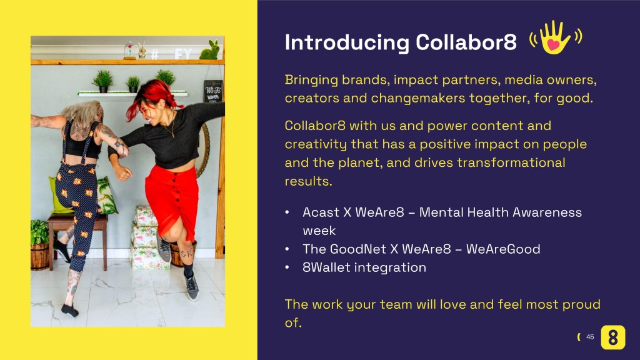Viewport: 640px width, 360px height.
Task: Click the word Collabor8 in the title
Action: tap(466, 42)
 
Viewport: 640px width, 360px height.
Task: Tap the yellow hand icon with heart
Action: tap(555, 37)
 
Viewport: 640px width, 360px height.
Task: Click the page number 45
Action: tap(590, 337)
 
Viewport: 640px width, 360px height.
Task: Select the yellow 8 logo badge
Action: tap(613, 337)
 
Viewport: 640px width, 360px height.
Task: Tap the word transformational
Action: tap(511, 163)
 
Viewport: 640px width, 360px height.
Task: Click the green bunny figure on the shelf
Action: tap(210, 50)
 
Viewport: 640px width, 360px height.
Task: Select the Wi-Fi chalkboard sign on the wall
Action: tap(213, 91)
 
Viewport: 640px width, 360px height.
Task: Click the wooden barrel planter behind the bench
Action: tap(39, 257)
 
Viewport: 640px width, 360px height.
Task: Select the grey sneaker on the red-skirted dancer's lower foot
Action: tap(191, 286)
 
